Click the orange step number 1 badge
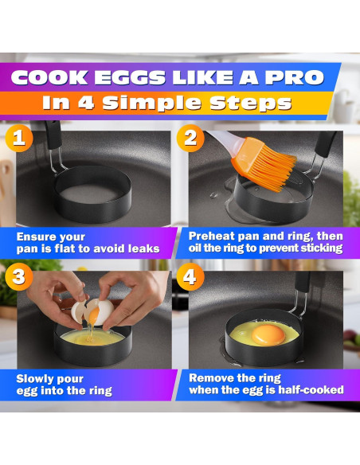(19, 139)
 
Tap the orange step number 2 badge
(190, 139)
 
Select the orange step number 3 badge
(19, 276)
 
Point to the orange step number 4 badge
(190, 276)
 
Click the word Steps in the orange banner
(251, 104)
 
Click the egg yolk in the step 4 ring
(268, 335)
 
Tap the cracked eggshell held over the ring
(92, 312)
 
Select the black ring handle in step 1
(53, 135)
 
